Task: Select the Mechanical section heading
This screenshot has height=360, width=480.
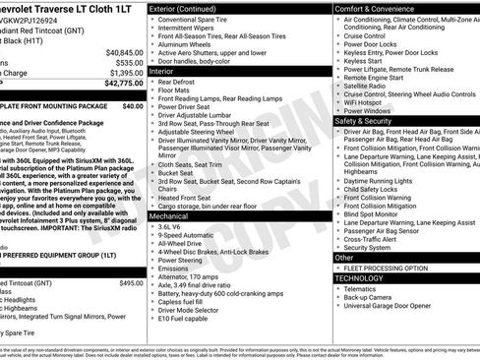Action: (x=170, y=214)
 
